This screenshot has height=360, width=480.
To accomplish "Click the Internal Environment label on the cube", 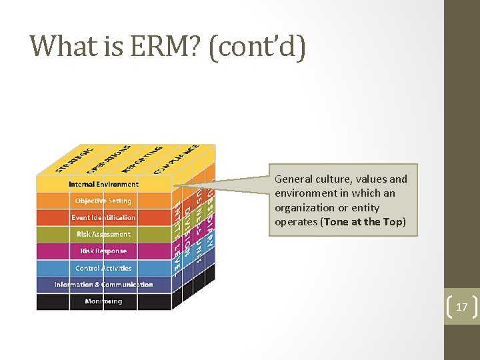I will tap(103, 184).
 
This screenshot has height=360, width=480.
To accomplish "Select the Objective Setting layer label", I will tap(103, 201).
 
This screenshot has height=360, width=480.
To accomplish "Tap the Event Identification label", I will tap(103, 217).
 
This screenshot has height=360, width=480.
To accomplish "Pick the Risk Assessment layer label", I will tap(103, 234).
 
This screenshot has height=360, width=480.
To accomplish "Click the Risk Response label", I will tap(103, 251).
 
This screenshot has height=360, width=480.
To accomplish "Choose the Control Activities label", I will tap(103, 268).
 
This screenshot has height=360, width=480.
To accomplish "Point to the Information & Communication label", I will tap(103, 285).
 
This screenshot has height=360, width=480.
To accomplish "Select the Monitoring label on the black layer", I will tap(103, 301).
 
